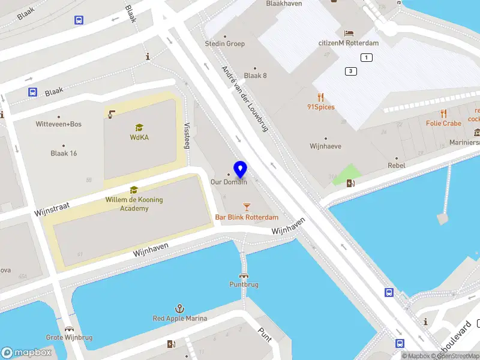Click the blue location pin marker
point(241,170)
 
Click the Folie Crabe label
point(443,124)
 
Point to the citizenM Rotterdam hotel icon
point(349,32)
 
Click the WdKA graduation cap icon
point(139,127)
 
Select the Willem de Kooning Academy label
point(134,204)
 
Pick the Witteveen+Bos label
point(59,124)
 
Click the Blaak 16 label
point(64,153)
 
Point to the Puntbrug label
point(244,284)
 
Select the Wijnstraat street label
point(52,209)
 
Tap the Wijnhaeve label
point(325,146)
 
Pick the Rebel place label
point(397,166)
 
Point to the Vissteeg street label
point(187,136)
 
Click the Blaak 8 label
point(256,76)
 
